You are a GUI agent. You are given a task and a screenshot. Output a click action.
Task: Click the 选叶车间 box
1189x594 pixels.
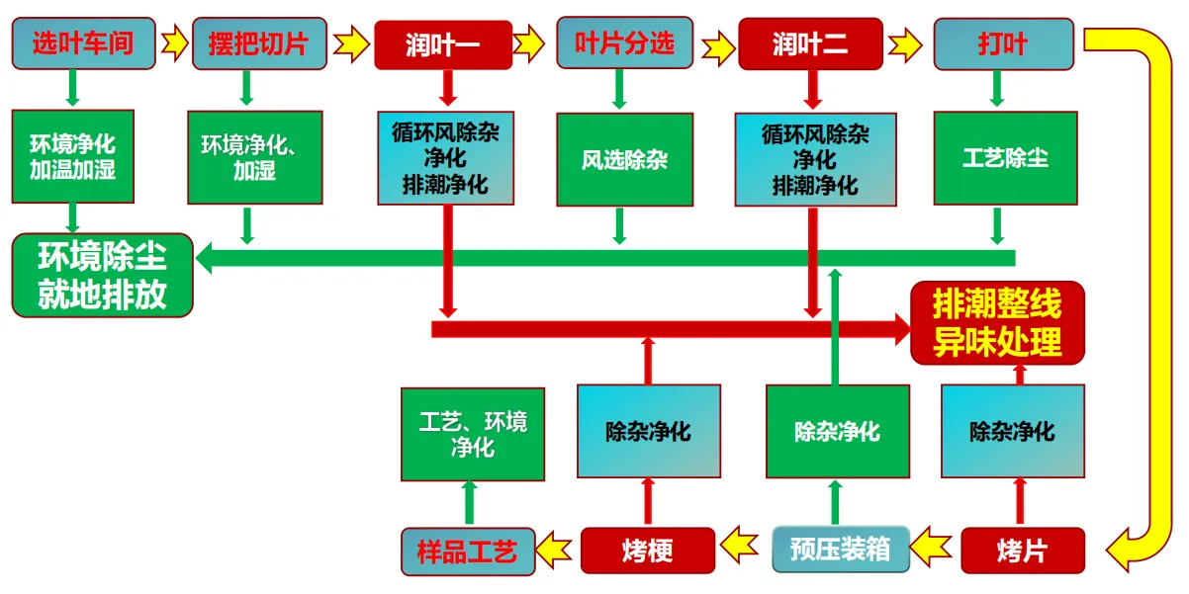click(x=83, y=43)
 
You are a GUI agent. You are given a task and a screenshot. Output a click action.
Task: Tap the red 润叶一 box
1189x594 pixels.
click(x=443, y=44)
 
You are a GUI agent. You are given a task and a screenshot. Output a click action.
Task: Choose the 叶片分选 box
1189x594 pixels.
click(x=624, y=42)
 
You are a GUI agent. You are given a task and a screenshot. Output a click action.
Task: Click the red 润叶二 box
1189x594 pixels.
click(x=809, y=44)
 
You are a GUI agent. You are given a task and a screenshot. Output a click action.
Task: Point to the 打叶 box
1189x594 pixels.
click(x=1003, y=44)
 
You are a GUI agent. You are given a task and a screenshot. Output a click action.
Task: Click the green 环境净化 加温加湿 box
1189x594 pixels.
click(x=72, y=157)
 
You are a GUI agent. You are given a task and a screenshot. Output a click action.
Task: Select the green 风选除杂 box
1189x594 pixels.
click(x=624, y=159)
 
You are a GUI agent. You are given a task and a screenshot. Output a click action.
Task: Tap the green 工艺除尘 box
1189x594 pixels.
click(x=1005, y=158)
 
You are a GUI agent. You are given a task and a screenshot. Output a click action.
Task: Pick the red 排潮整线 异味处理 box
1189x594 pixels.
click(x=997, y=322)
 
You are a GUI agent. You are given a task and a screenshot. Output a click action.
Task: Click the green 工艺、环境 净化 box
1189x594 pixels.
click(x=473, y=434)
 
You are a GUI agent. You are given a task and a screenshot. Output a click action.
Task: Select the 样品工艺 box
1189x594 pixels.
click(x=467, y=551)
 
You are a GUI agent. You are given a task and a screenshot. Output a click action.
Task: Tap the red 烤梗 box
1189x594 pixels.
click(x=648, y=551)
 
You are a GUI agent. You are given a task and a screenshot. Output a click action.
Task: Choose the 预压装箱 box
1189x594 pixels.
click(x=840, y=550)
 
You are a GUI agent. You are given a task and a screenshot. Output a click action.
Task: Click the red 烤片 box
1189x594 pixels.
click(x=1022, y=551)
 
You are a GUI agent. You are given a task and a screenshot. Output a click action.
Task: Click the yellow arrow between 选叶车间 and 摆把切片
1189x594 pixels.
click(x=174, y=43)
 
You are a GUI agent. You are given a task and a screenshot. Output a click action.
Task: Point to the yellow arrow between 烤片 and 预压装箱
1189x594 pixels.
click(x=935, y=544)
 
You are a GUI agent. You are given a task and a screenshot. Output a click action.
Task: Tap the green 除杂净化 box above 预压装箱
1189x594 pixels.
click(x=837, y=432)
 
